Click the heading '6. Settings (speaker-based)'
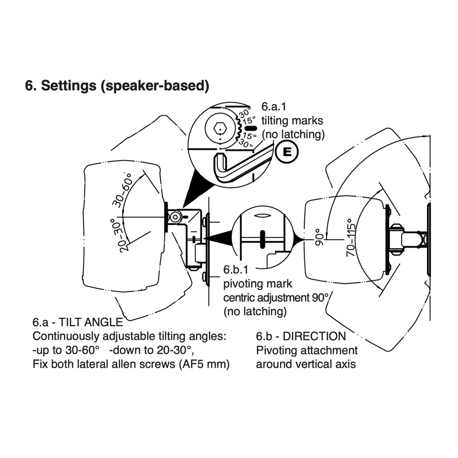(117, 86)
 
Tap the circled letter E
(287, 153)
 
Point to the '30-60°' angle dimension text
(122, 190)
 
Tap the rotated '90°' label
(318, 237)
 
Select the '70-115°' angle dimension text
(352, 237)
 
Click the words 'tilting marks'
(292, 121)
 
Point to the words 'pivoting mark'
(257, 284)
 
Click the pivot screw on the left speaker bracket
(174, 217)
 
